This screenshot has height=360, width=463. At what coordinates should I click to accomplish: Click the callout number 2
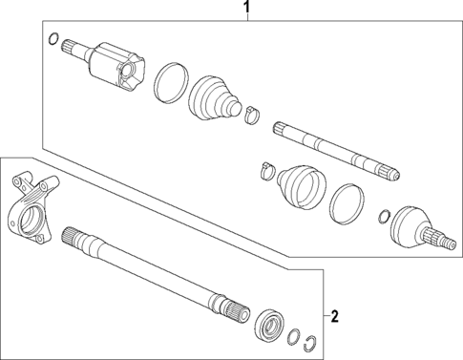334,314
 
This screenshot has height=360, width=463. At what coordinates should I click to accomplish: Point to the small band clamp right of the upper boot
252,116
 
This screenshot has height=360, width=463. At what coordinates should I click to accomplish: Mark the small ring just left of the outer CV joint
384,214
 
